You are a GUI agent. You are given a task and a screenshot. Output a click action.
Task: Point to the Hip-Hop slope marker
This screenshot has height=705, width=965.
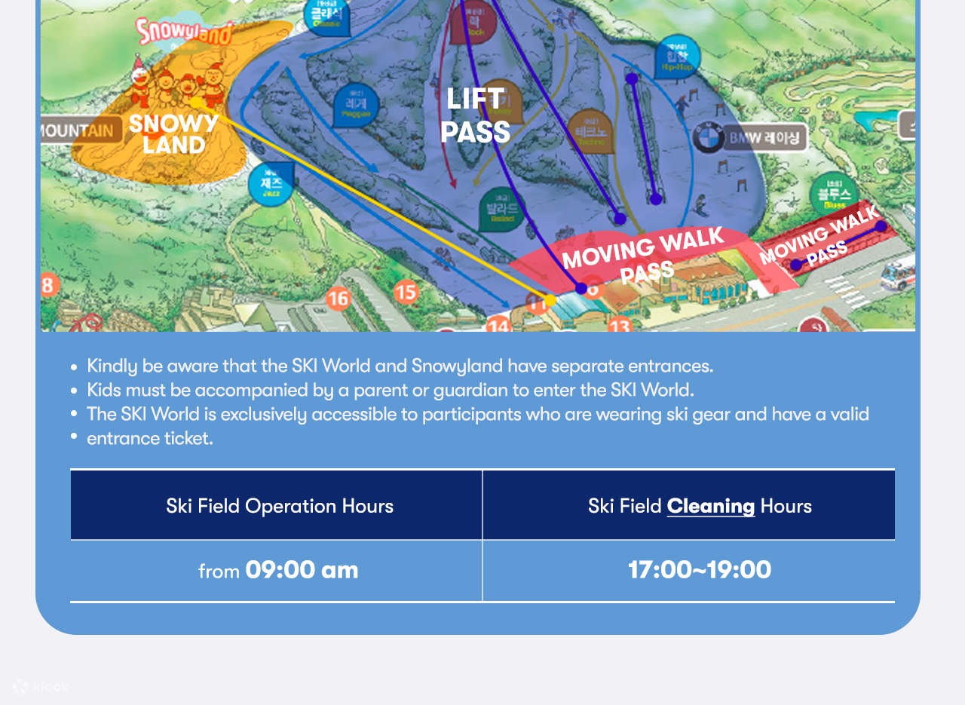[677, 57]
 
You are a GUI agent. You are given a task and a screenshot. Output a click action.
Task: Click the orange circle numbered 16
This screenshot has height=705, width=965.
[338, 299]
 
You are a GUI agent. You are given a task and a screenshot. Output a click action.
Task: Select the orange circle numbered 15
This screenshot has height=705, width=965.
[406, 291]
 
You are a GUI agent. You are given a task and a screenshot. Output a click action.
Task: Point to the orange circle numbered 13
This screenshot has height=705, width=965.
[619, 326]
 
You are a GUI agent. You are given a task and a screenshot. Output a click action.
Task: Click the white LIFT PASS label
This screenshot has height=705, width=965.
[475, 115]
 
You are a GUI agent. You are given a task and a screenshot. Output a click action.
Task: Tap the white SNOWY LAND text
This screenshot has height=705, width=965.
[173, 133]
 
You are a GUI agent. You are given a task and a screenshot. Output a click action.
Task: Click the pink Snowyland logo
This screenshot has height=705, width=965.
[185, 31]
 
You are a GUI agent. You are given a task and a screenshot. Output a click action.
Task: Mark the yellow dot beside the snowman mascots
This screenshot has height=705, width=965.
[195, 103]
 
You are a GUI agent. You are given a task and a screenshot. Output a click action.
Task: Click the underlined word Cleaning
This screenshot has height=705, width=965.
[710, 506]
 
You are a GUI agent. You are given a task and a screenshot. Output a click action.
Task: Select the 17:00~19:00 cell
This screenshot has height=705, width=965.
[700, 570]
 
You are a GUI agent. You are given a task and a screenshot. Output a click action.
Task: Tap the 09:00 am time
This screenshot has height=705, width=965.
[302, 570]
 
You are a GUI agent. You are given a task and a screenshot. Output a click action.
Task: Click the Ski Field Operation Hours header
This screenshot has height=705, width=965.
[280, 506]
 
